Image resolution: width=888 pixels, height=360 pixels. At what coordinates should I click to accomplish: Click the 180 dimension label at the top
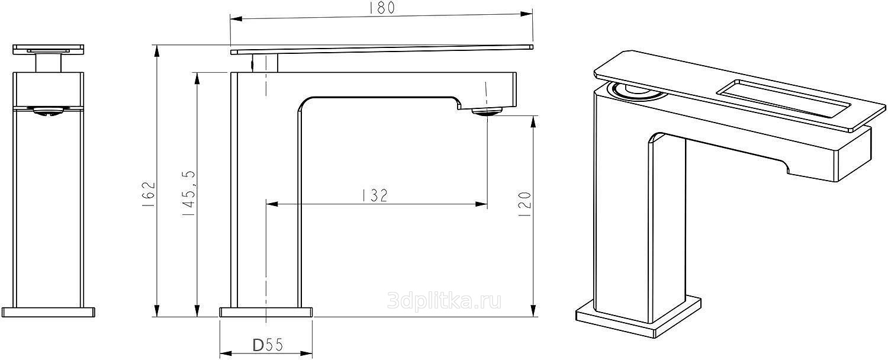[382, 8]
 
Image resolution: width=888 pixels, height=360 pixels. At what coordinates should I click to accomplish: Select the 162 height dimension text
[148, 194]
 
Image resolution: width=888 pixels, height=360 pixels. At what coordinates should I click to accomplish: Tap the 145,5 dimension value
[189, 193]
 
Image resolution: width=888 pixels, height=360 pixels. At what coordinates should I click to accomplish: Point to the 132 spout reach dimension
[375, 195]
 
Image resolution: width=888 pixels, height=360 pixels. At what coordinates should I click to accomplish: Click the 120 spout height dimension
[525, 204]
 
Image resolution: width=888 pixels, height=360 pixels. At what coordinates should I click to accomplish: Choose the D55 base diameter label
[268, 345]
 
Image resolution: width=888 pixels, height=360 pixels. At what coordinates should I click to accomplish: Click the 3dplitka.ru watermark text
[444, 301]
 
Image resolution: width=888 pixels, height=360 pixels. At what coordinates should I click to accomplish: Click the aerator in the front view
[49, 111]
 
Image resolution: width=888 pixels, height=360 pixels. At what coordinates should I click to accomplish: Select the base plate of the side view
[266, 312]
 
